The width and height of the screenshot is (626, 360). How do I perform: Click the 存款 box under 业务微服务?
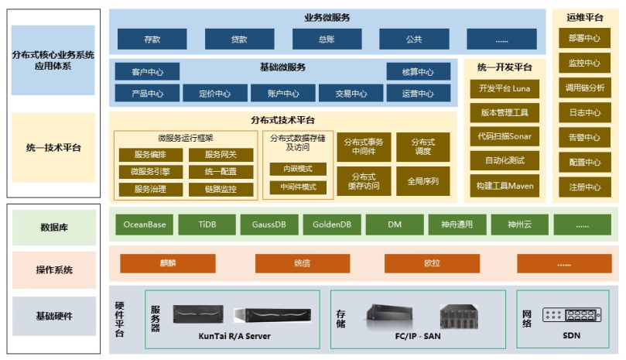pos(152,39)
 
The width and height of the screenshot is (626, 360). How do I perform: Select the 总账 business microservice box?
pos(327,39)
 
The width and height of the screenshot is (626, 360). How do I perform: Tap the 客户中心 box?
pos(147,72)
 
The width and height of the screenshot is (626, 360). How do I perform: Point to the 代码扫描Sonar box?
pos(504,136)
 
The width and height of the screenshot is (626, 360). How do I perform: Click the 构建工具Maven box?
pos(504,186)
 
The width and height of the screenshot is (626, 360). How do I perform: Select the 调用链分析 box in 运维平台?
pos(584,87)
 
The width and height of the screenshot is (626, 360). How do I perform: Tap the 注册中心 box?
pos(584,187)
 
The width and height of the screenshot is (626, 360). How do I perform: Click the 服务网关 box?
pos(221,154)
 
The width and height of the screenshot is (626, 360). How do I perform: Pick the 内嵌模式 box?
pos(298,169)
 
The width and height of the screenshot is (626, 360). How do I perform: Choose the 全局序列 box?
pos(422,181)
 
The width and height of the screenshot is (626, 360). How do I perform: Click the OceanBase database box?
pos(145,225)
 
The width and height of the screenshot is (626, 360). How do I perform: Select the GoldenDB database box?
pos(332,225)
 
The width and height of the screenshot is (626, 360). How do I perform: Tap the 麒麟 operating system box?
pos(167,263)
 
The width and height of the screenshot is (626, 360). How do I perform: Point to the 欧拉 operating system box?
pos(432,263)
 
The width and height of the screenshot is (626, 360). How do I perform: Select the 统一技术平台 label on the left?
pos(53,147)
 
